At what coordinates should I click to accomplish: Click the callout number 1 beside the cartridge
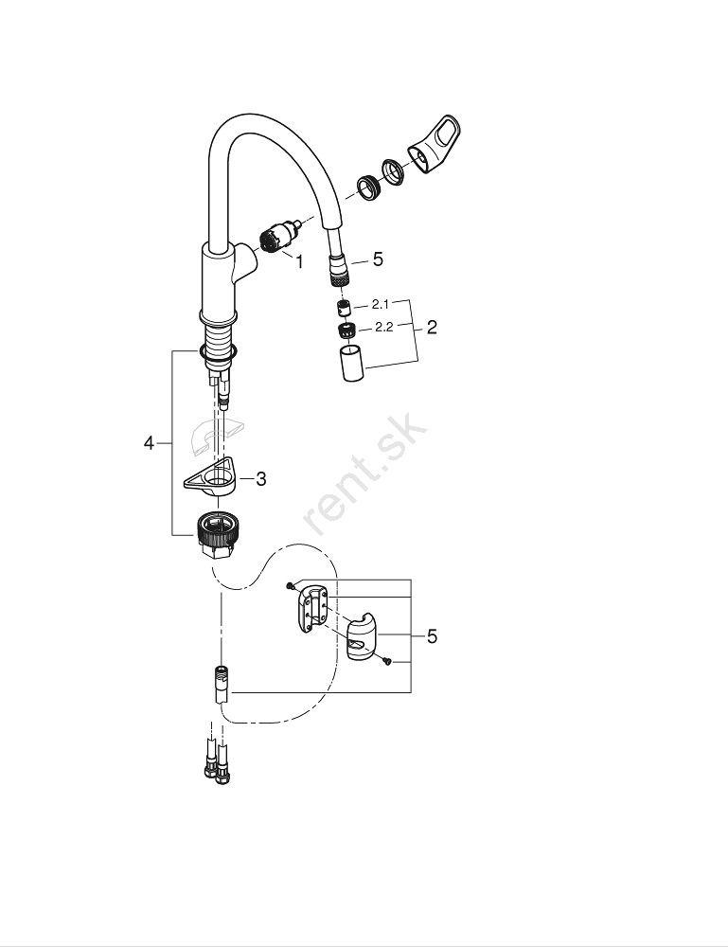(x=298, y=262)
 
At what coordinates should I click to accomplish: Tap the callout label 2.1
(x=381, y=304)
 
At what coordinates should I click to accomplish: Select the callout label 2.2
(x=384, y=328)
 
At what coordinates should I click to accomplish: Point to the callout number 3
(x=260, y=479)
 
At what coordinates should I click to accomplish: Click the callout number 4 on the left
(x=149, y=444)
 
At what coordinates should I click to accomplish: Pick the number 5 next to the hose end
(x=378, y=259)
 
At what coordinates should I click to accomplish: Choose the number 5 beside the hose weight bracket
(x=432, y=636)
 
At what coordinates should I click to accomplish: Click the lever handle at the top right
(x=435, y=146)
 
